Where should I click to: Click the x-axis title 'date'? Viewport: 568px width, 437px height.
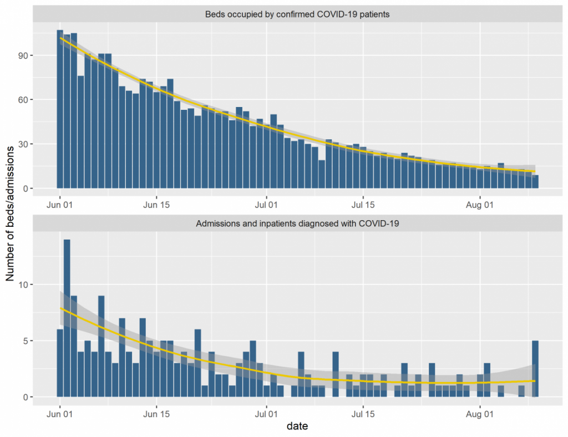pyautogui.click(x=297, y=426)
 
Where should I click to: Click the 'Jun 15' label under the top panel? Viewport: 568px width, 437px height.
pyautogui.click(x=156, y=204)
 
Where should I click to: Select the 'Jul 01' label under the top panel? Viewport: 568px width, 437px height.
pyautogui.click(x=266, y=204)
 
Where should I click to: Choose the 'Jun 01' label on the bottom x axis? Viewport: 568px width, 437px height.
pyautogui.click(x=60, y=413)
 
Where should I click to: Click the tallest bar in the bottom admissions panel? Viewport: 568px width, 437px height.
pyautogui.click(x=67, y=316)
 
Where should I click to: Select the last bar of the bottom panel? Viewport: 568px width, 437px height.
pyautogui.click(x=535, y=369)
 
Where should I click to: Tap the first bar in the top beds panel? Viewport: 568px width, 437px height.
pyautogui.click(x=60, y=111)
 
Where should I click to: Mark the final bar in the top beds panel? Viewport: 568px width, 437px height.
pyautogui.click(x=535, y=182)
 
